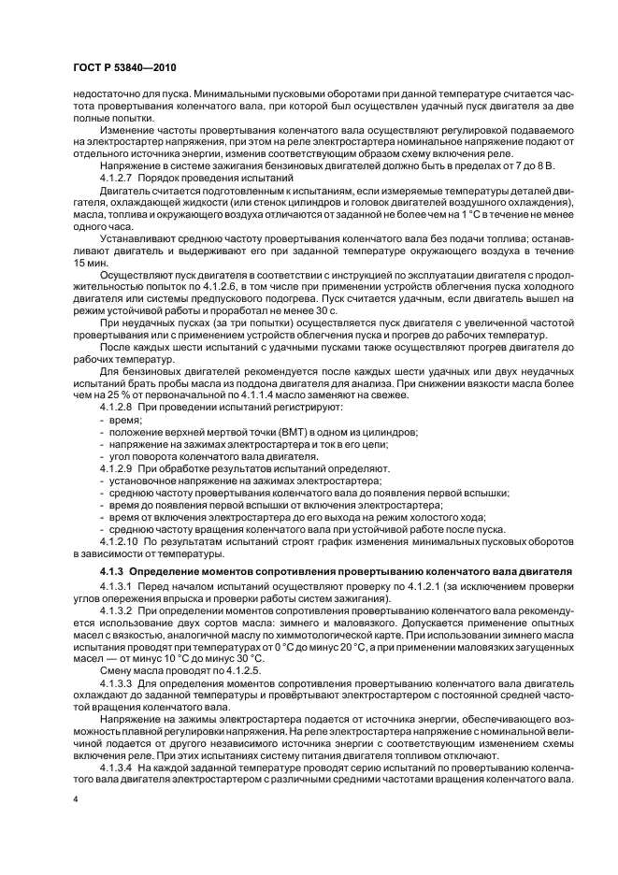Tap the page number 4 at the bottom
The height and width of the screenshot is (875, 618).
[76, 800]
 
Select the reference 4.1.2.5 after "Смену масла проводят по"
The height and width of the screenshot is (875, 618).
[223, 669]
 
